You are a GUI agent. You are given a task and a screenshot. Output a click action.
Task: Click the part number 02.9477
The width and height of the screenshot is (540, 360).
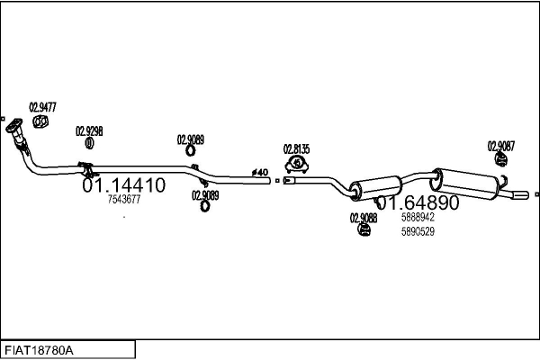pos(42,107)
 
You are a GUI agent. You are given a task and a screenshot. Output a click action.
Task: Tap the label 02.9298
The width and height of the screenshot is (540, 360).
pos(89,130)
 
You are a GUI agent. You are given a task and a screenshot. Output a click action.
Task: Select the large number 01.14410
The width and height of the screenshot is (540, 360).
pos(124,186)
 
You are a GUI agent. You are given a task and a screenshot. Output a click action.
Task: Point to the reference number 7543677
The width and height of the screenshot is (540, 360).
pos(124,200)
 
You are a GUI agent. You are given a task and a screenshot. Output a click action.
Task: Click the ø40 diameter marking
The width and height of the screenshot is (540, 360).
pos(259,172)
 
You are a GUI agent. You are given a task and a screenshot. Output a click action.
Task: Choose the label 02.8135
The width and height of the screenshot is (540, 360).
pos(296,149)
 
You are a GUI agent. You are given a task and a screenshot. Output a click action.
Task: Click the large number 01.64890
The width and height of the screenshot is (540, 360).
pos(418,203)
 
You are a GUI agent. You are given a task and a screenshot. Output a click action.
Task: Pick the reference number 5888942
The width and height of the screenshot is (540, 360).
pos(418,218)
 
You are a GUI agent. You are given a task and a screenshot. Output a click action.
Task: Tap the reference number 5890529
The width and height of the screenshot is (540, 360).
pos(418,231)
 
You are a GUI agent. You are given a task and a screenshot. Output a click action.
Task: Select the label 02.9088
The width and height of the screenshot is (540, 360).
pos(363,218)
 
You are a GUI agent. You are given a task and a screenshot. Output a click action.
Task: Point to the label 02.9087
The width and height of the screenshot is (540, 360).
pos(501,146)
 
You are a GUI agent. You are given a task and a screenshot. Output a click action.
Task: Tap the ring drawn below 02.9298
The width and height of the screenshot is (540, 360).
pos(89,143)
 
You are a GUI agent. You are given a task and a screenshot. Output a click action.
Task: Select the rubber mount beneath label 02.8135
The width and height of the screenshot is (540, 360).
pos(296,164)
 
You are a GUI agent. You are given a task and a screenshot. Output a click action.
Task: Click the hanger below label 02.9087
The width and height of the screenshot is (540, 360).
pos(500,161)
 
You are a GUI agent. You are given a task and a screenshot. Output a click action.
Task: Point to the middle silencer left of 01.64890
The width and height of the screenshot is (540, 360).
pos(367,189)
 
